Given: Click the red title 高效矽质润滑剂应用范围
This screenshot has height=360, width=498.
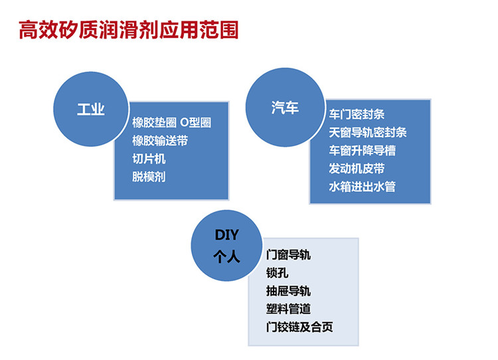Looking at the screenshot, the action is coord(129,30).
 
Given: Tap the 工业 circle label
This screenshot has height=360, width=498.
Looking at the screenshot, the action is coord(91,110).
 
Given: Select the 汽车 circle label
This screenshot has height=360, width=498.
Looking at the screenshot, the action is coord(285,108).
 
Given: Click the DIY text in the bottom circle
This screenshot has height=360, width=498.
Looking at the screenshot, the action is coord(227,235).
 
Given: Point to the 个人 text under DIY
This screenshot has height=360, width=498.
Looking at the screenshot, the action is coord(227,256).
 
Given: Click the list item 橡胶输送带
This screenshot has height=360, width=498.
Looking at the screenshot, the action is coord(160,141).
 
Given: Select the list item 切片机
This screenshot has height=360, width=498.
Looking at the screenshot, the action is coord(149,159).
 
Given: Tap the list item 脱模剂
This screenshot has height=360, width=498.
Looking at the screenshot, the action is coord(149,177).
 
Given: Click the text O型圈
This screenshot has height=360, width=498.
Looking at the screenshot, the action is coord(195,123).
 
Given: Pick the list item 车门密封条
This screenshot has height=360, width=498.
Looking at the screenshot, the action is coord(357,114).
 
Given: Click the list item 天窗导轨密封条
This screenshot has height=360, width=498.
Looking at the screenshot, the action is coord(368,132).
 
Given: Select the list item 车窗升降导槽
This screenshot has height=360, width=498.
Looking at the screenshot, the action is coord(362,151).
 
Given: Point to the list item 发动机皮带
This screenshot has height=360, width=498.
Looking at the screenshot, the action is coord(357,169).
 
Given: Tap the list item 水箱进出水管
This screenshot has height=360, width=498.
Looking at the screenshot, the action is coord(362,187).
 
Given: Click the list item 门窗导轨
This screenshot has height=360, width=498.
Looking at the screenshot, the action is coord(288,255).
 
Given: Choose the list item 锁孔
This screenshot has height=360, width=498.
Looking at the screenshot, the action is coord(278,273).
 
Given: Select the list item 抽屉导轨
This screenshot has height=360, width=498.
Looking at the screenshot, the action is coord(288,291).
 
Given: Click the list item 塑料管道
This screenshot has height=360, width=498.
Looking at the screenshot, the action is coord(288,309).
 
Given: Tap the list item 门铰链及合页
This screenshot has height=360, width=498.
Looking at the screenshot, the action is coord(299,327).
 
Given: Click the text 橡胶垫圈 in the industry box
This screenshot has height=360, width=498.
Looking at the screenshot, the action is coord(154,123).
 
